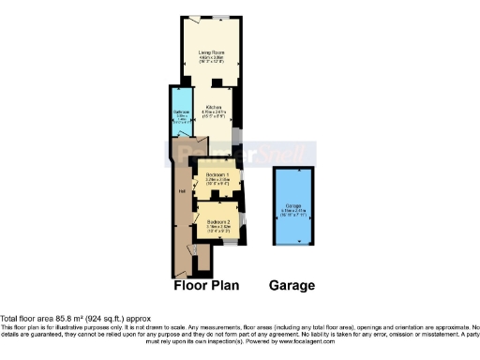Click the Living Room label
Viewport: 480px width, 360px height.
point(209,52)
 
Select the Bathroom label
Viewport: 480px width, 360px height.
point(181,112)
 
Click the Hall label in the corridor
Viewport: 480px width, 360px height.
point(181,194)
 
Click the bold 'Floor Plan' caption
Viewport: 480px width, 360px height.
point(209,285)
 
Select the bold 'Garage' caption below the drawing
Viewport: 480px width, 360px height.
point(292,285)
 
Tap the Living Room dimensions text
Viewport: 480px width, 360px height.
point(209,60)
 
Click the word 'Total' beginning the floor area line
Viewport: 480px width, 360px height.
point(9,319)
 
